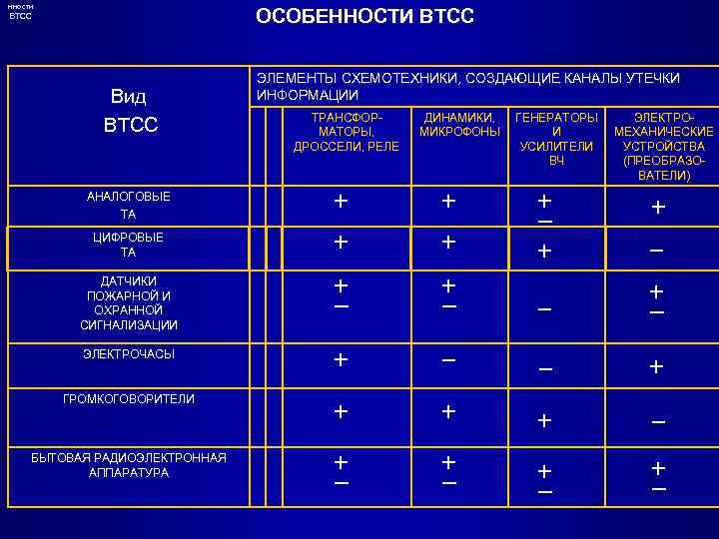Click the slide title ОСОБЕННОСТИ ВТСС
click(364, 17)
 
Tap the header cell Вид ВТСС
click(129, 112)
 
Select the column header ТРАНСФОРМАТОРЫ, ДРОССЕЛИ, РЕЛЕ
click(346, 132)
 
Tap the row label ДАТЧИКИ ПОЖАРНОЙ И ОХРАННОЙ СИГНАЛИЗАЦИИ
click(129, 302)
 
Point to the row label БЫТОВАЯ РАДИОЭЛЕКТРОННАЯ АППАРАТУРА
click(129, 465)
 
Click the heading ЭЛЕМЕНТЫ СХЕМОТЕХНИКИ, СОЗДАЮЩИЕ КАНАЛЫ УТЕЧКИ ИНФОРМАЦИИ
click(468, 86)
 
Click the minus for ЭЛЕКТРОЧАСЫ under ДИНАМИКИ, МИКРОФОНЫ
click(449, 358)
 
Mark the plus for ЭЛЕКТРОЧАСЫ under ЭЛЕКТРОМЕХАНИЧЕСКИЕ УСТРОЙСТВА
click(657, 367)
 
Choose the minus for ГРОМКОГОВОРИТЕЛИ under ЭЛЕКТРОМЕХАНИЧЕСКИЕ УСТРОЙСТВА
click(657, 421)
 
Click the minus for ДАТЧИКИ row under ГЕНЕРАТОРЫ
click(544, 309)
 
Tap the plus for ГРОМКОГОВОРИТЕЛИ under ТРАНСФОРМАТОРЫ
click(342, 410)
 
